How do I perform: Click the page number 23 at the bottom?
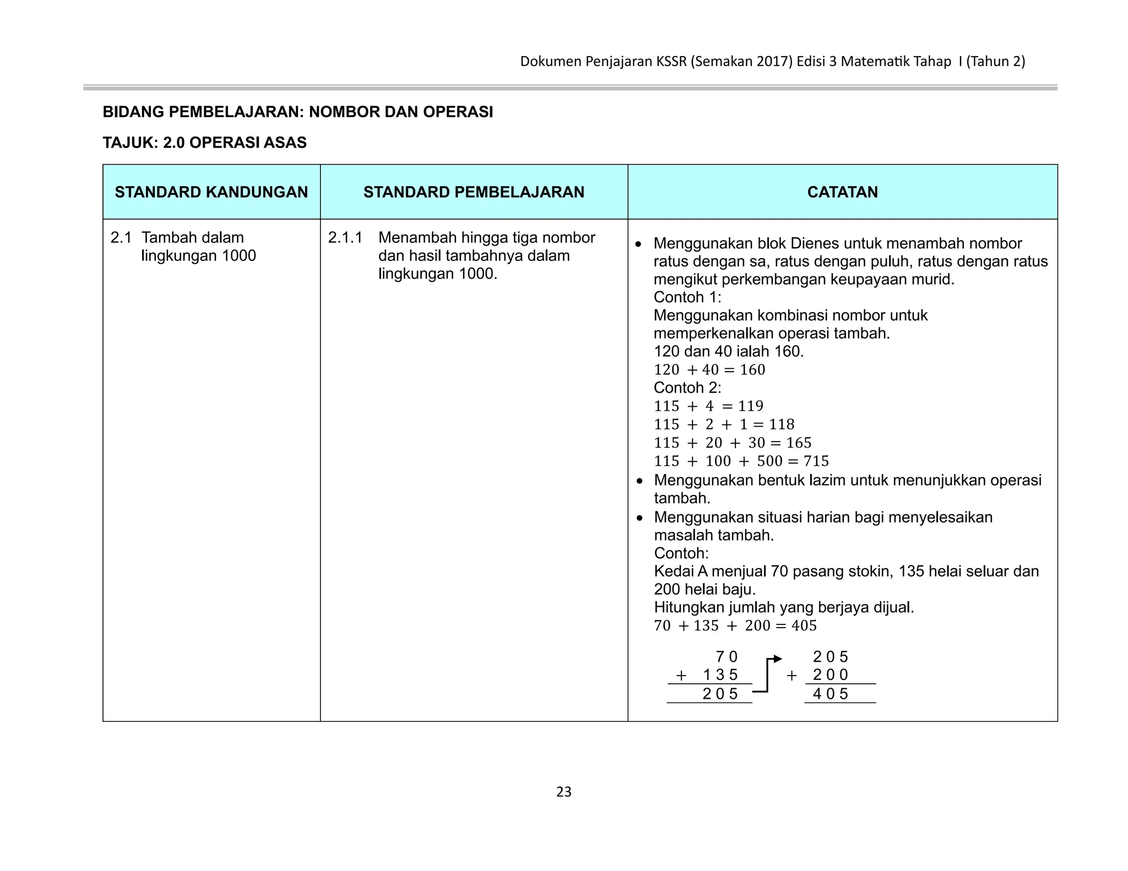pos(563,792)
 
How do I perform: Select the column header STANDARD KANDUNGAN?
pos(211,192)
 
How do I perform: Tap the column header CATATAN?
pos(842,192)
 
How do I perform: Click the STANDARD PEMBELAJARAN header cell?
pos(474,192)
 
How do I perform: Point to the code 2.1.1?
pos(345,238)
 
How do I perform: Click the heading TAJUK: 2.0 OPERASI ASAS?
pos(204,143)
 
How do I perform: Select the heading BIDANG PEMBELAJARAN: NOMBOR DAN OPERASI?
pos(298,112)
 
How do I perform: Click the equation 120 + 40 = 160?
pos(709,370)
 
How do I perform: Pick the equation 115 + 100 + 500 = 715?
pos(741,461)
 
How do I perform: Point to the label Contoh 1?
pos(687,297)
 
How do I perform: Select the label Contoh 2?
pos(687,388)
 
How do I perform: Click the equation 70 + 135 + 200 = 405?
pos(735,626)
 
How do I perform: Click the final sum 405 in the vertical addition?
pos(831,694)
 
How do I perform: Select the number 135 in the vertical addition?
pos(720,675)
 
